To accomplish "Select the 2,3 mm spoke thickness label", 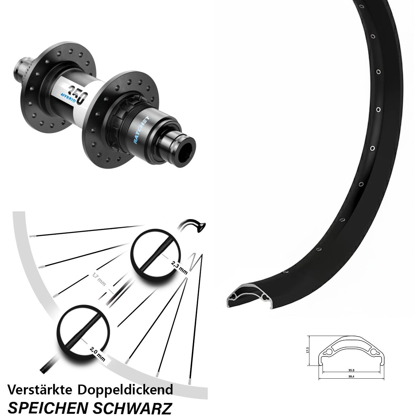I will tap(179, 267).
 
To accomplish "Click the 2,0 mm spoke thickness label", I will tap(97, 354).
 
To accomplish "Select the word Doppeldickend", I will tap(125, 390).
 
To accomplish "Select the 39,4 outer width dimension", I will tap(351, 377).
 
